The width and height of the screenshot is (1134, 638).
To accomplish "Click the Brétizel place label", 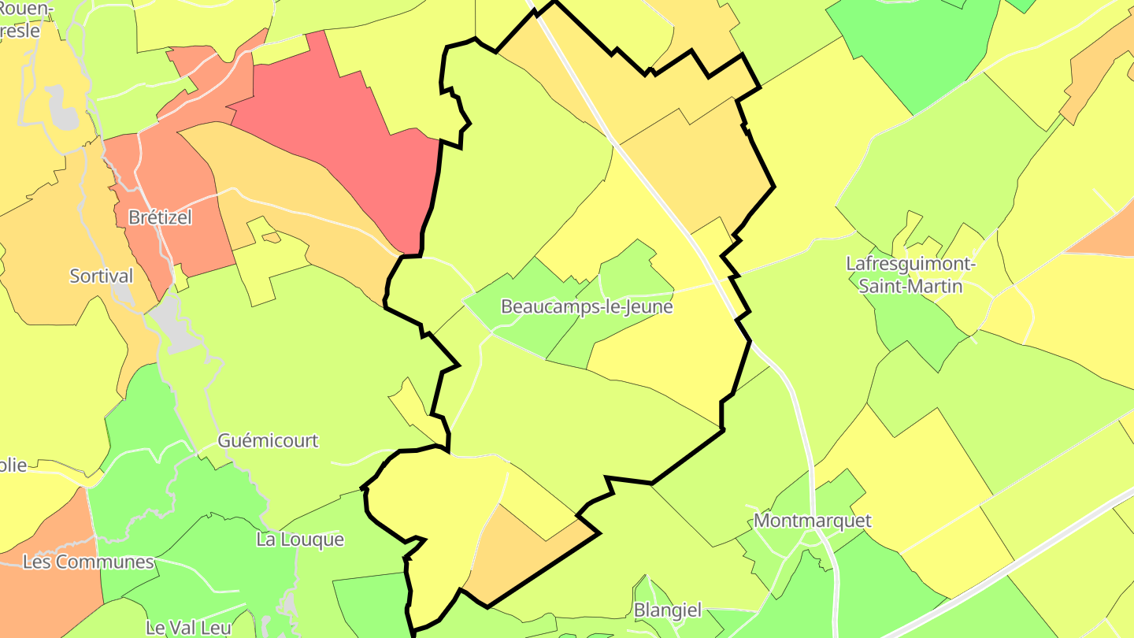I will coord(160,217).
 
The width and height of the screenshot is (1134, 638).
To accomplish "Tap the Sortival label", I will coord(102,276).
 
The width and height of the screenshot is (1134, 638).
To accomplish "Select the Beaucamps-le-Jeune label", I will coord(587,306).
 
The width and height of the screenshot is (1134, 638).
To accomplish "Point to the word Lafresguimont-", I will coord(910,264).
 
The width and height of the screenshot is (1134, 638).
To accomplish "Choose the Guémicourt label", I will coord(268,440).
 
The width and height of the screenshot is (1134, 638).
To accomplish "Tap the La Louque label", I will coord(300,540).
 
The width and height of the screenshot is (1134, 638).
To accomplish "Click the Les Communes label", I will coord(88,562).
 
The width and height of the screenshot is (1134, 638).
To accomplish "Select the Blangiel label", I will coord(667,610).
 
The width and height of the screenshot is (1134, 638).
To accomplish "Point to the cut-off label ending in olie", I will coord(13,465).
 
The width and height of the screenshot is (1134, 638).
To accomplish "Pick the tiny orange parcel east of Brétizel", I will coord(271,237).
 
